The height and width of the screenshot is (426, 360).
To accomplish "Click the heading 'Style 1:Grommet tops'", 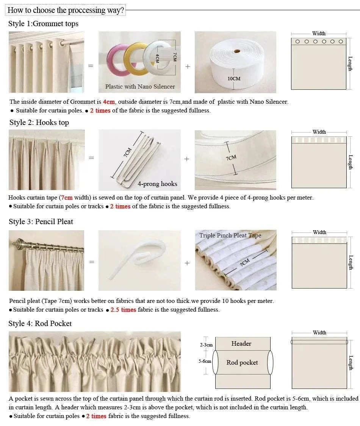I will [x=43, y=24].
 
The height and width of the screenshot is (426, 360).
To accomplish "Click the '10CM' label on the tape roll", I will [x=234, y=79].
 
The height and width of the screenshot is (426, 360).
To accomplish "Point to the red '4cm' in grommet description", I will [x=109, y=102].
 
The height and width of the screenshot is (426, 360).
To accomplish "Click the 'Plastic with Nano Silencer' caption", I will [x=140, y=87].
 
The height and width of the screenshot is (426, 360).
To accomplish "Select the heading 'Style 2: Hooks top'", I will [x=39, y=123].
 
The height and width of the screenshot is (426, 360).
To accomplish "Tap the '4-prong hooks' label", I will [x=157, y=184].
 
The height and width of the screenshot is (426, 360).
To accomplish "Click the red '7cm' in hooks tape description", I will [x=66, y=198].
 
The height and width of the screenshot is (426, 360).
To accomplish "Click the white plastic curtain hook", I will [x=136, y=257].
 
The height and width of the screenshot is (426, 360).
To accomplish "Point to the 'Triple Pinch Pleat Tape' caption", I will [x=230, y=236].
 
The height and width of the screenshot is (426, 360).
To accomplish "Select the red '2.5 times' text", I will [x=123, y=310].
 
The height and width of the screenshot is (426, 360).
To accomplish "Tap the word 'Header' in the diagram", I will [x=241, y=344].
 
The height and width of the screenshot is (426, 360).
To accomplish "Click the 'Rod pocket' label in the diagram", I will [x=242, y=363].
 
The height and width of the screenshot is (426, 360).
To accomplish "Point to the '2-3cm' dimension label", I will [x=206, y=345].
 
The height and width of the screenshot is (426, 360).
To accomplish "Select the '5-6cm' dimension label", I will [x=205, y=361].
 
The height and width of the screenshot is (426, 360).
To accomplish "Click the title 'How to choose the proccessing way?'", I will [x=66, y=10].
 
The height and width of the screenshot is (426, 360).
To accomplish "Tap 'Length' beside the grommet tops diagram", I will [x=351, y=64].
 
